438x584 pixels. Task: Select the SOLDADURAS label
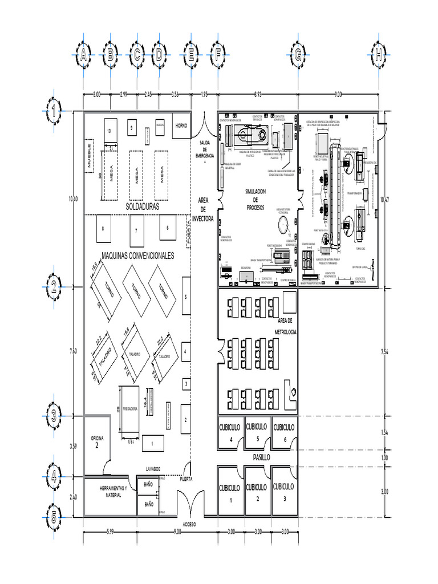click(x=142, y=206)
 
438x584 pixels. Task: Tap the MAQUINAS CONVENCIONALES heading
click(x=137, y=256)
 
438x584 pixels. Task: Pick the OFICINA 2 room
click(x=97, y=442)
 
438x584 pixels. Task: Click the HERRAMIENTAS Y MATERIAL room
click(x=109, y=492)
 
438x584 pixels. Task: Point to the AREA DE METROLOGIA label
click(x=285, y=326)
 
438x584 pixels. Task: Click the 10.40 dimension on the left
click(x=72, y=198)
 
